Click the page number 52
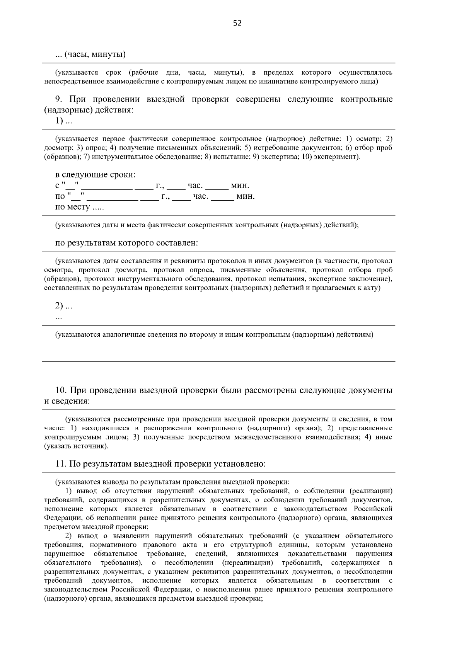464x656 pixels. [237, 23]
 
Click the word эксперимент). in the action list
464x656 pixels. [341, 157]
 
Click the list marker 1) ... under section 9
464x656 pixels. [64, 121]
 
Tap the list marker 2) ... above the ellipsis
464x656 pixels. [64, 306]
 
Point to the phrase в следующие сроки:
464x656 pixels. [96, 174]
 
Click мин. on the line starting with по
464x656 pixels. [245, 196]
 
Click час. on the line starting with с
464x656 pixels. [195, 186]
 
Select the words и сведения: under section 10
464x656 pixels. [67, 401]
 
